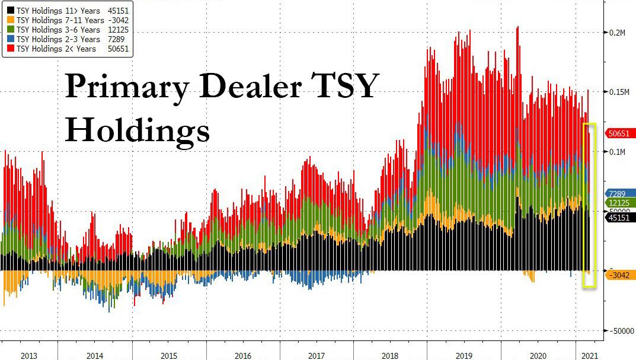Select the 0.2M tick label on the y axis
(x=618, y=32)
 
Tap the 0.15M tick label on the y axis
(x=619, y=92)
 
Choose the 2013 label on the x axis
(x=29, y=355)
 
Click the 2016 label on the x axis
(x=242, y=355)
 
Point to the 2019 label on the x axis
(x=464, y=355)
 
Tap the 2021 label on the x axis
(x=589, y=355)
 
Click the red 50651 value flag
(x=620, y=133)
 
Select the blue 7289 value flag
(x=620, y=193)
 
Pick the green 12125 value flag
(x=620, y=203)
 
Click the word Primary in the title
(x=127, y=86)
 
